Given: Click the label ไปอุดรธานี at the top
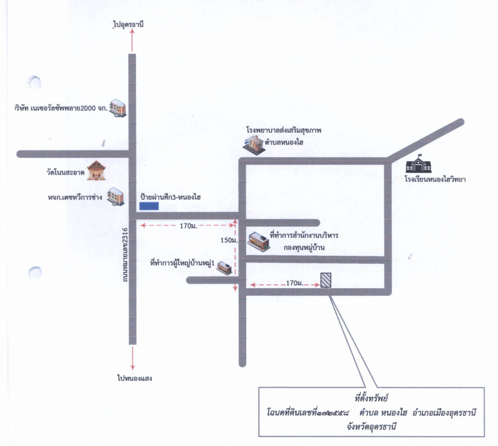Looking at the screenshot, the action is (x=128, y=24).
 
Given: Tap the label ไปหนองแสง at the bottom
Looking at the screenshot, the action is (x=134, y=378).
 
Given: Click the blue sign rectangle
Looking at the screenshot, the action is (x=149, y=206).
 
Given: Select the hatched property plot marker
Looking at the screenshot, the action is (x=325, y=280).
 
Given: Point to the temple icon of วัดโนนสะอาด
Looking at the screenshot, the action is (x=96, y=171).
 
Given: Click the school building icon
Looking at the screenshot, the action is (x=418, y=164).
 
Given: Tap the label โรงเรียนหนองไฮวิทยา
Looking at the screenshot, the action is (x=435, y=179).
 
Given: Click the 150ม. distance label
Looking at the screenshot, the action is (x=229, y=240).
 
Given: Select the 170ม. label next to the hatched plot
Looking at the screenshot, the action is (x=295, y=283).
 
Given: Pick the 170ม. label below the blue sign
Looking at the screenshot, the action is (x=188, y=226).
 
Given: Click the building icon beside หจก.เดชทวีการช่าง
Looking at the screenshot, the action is (x=116, y=196).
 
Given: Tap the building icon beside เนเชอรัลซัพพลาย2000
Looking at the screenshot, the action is (x=118, y=108).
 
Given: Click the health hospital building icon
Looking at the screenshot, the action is (x=254, y=145).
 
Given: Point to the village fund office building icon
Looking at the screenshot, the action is (x=259, y=241).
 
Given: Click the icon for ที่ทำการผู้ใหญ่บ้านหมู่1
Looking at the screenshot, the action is (x=224, y=268).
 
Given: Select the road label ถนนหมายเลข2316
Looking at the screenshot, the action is (x=125, y=255).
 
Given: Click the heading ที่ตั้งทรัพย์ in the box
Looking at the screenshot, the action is (x=372, y=398).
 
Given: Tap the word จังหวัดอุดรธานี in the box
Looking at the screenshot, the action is (x=372, y=426).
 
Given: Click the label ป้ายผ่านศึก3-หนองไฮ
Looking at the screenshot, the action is (x=170, y=197).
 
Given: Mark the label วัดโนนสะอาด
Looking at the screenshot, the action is (x=65, y=173).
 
